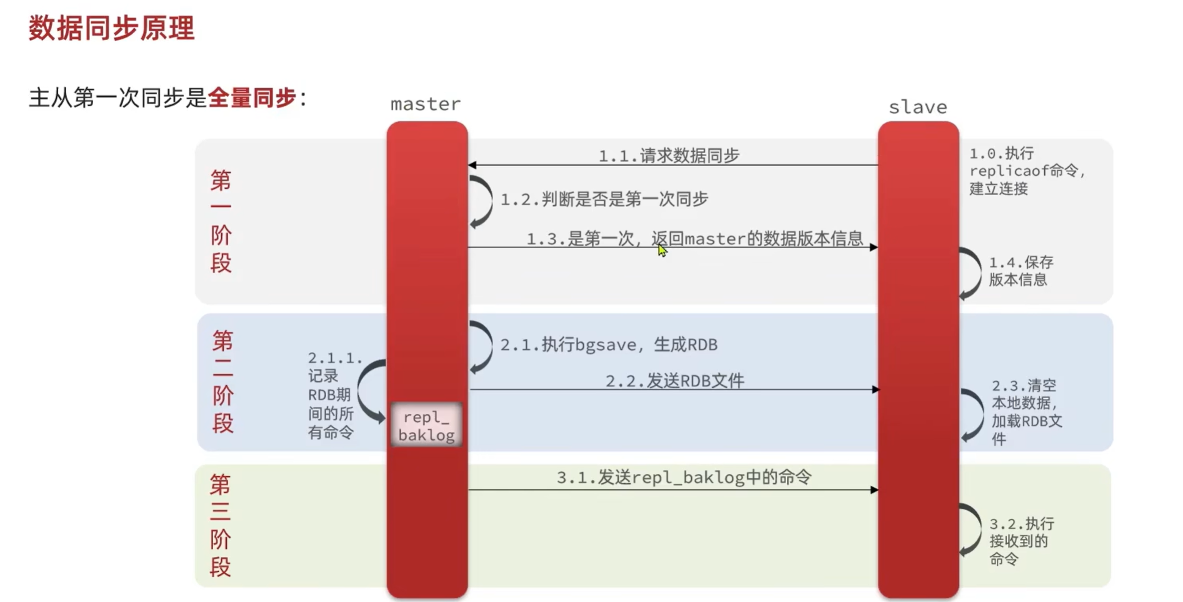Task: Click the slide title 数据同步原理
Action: click(111, 29)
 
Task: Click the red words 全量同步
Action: click(251, 98)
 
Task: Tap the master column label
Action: click(426, 104)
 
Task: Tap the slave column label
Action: click(917, 107)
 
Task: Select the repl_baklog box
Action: click(427, 425)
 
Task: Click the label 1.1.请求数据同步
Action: click(669, 155)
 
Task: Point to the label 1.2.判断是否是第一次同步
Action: click(604, 199)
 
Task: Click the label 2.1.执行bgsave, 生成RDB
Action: click(608, 344)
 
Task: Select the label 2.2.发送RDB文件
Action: click(674, 380)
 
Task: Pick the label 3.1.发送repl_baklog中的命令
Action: click(684, 478)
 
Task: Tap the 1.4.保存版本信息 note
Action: click(1021, 271)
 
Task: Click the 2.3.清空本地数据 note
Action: click(1026, 412)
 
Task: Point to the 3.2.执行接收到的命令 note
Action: click(1021, 541)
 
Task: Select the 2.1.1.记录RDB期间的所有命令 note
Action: click(331, 395)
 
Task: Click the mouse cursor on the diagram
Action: click(662, 250)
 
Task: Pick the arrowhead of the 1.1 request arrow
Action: click(472, 165)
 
